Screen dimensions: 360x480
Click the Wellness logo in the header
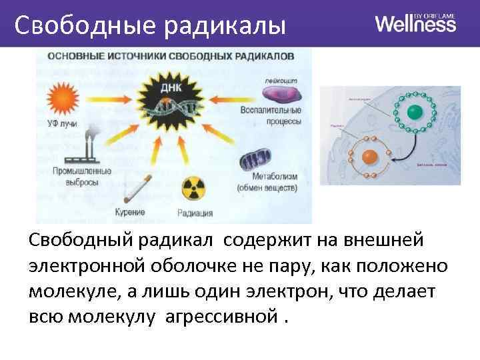pos(415,23)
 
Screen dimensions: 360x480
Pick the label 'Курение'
pos(130,212)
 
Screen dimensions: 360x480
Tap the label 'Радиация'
pos(195,213)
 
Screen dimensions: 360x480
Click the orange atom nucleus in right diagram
pos(368,158)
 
